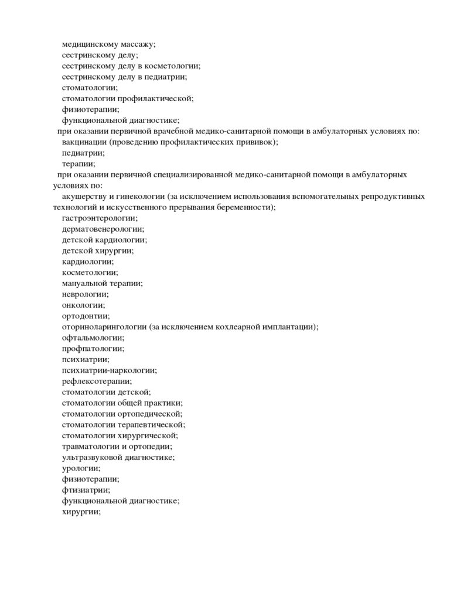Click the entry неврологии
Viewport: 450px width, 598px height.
[85, 294]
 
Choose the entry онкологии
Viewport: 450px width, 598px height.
[84, 305]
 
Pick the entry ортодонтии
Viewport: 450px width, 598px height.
[86, 316]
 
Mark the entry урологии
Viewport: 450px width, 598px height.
[81, 468]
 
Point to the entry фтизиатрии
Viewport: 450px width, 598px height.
[86, 490]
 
